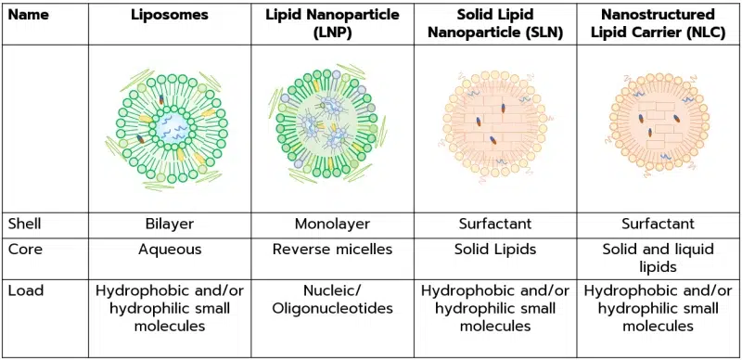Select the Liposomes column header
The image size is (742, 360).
[x=170, y=16]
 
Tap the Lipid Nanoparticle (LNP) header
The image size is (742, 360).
[x=331, y=23]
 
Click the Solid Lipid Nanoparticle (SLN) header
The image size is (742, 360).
[x=494, y=23]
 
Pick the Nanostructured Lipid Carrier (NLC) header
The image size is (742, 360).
[x=658, y=23]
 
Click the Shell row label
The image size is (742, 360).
[x=24, y=224]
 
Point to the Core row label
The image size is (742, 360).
[x=24, y=251]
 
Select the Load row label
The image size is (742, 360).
[x=24, y=290]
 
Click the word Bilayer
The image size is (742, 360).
[x=170, y=224]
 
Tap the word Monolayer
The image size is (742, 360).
[x=331, y=224]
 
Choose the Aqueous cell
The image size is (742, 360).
[x=170, y=251]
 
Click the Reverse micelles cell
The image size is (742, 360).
[x=331, y=251]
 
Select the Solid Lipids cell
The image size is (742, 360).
[x=494, y=251]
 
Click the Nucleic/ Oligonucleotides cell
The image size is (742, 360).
[x=331, y=299]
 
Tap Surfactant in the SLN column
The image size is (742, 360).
[x=494, y=224]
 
